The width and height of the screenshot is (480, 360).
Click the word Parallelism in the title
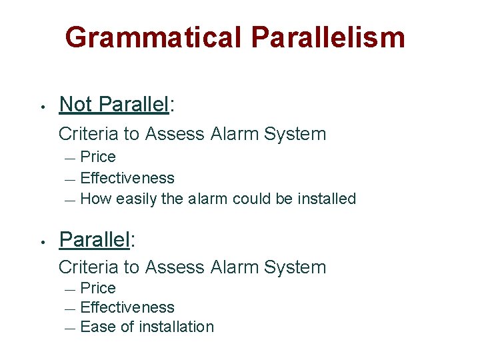(x=329, y=37)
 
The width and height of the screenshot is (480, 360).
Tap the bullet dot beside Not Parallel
(x=41, y=107)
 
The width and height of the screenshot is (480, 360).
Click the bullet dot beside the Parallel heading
(x=41, y=241)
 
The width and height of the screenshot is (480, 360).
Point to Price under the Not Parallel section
(x=98, y=157)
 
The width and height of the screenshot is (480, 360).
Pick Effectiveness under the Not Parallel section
(x=127, y=178)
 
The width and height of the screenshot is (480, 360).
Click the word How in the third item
(x=96, y=199)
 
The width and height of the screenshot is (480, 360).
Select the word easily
(x=137, y=199)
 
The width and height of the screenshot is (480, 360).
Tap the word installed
(x=328, y=199)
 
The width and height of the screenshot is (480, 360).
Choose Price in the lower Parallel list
(x=98, y=288)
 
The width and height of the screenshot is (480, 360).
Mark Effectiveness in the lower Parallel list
(x=127, y=307)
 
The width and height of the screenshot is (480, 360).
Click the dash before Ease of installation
(x=71, y=328)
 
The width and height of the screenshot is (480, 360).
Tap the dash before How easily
(x=71, y=200)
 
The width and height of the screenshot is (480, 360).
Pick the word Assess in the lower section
(x=175, y=267)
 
